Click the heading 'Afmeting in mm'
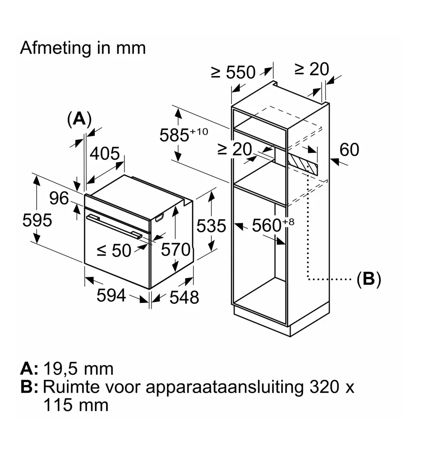point(83,48)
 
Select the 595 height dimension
point(37,220)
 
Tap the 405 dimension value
point(105,153)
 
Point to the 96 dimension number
point(59,198)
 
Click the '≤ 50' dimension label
point(114,250)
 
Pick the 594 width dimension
point(111,295)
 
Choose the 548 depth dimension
point(184,297)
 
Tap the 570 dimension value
point(175,250)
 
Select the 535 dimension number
point(211,226)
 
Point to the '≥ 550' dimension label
point(233,72)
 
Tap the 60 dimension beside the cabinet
point(349,150)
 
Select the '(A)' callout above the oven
point(79,119)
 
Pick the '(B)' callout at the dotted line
point(369,279)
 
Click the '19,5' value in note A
point(61,369)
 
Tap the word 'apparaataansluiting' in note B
point(224,387)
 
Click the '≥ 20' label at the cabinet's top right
point(311,69)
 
